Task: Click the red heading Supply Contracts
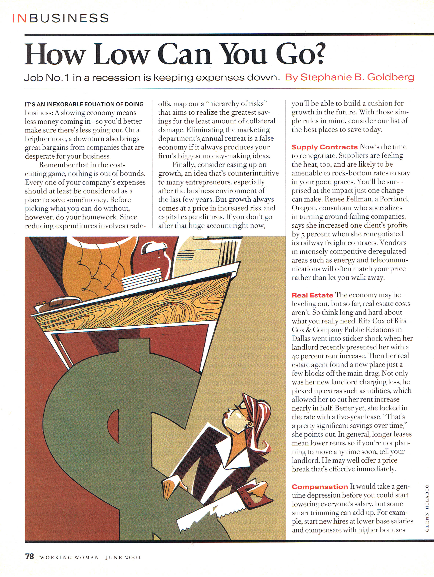tap(324, 147)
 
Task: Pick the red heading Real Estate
tap(312, 295)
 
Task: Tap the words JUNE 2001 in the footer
tap(123, 557)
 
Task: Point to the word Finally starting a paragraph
tap(183, 165)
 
